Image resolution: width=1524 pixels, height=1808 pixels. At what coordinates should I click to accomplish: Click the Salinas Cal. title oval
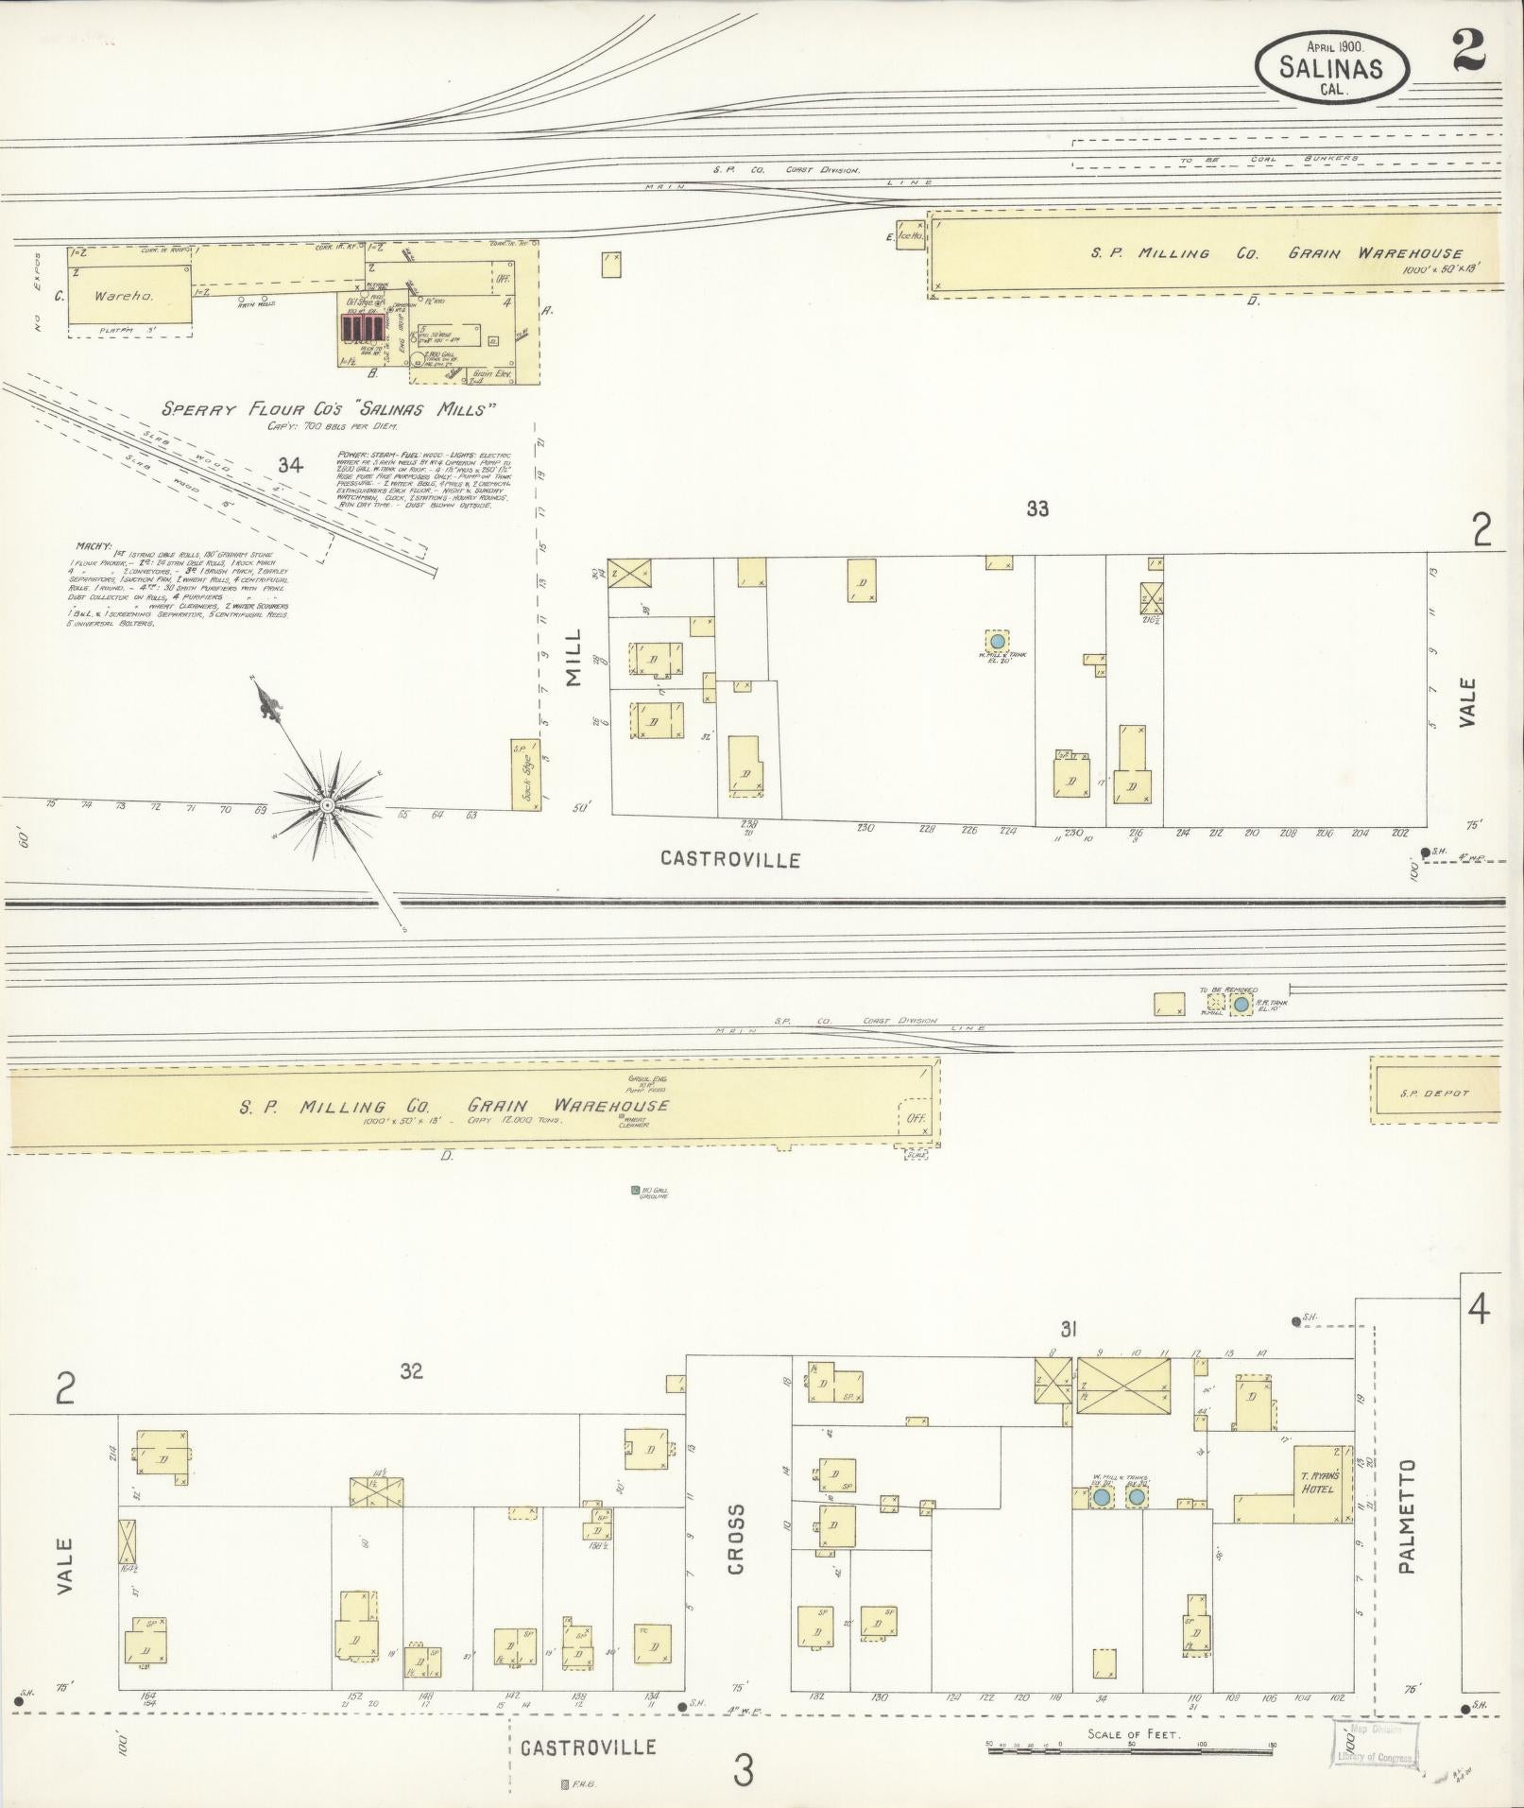[x=1331, y=65]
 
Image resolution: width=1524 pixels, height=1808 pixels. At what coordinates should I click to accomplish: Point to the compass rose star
[x=326, y=803]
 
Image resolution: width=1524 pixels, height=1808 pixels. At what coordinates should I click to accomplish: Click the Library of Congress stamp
[x=1376, y=1743]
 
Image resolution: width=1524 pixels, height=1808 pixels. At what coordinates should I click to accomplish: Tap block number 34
[x=289, y=464]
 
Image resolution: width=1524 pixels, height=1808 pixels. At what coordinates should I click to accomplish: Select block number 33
[x=1037, y=508]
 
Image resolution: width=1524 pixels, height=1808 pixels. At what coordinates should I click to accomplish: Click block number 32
[x=411, y=1370]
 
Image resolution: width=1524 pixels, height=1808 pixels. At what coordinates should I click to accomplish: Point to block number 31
[x=1068, y=1330]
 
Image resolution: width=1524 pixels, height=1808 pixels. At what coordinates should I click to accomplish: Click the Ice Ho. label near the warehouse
[x=909, y=235]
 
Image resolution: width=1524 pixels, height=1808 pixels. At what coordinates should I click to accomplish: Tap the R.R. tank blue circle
[x=1241, y=1004]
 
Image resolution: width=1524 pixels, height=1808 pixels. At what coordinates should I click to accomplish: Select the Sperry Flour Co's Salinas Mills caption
[x=329, y=409]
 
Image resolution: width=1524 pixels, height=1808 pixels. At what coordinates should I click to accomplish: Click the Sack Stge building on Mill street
[x=524, y=775]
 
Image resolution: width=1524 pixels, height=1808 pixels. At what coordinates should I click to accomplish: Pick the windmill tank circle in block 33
[x=997, y=640]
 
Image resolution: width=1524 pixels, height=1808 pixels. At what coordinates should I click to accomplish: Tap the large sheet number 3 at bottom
[x=744, y=1770]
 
